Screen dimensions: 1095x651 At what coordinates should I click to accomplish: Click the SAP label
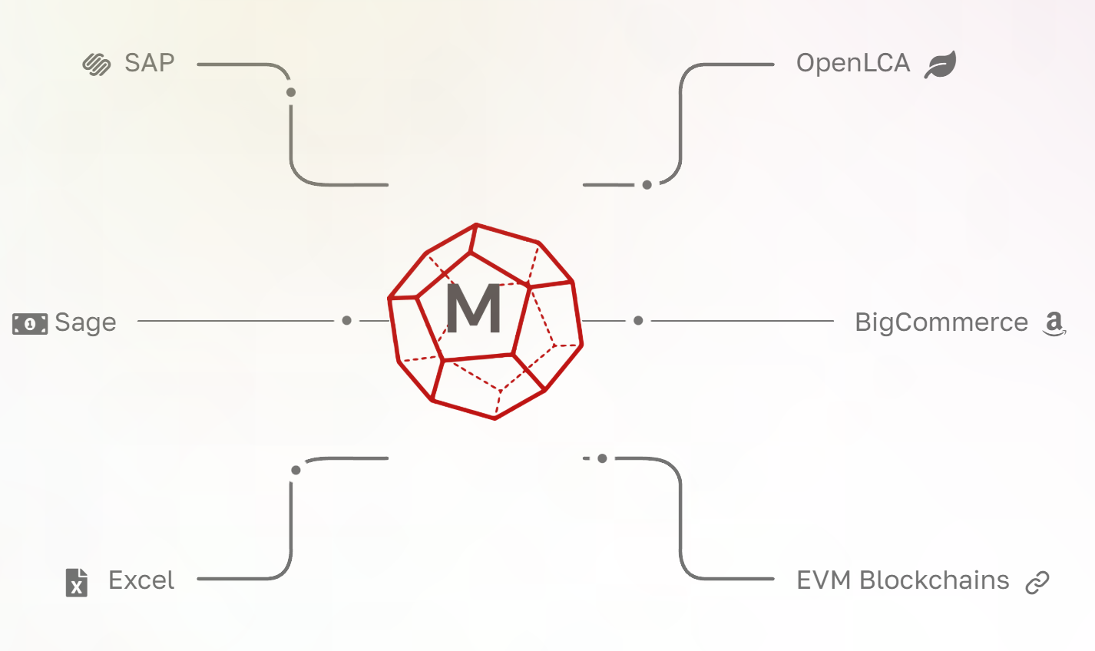[150, 63]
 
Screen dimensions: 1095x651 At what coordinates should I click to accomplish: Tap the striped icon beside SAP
[97, 64]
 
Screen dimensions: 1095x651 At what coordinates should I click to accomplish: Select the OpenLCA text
[852, 63]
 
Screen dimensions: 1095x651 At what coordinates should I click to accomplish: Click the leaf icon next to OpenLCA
[941, 64]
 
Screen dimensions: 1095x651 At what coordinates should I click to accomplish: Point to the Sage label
[85, 322]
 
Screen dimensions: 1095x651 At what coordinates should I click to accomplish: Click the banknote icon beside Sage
[30, 324]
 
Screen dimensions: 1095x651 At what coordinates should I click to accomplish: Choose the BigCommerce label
[941, 322]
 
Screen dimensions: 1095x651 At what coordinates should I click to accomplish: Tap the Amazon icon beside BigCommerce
[1054, 324]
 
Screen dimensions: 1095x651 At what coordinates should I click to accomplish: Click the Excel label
[141, 580]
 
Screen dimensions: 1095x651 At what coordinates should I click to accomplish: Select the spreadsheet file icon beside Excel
[77, 583]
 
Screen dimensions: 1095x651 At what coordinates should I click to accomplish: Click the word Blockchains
[935, 580]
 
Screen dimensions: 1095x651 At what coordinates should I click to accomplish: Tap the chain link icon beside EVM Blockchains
[1037, 583]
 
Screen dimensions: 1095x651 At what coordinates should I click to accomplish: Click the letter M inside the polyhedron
[474, 309]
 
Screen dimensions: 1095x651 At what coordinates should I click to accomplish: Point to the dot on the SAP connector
[291, 93]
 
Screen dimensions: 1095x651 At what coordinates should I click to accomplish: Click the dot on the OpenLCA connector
[647, 185]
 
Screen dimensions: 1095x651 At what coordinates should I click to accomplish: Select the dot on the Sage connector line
[347, 320]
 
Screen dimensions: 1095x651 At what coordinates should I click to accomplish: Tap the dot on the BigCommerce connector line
[638, 320]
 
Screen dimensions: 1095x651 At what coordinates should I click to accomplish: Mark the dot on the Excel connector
[296, 470]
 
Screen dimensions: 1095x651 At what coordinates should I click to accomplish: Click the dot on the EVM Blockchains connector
[603, 458]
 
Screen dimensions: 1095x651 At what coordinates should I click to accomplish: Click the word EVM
[824, 580]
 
